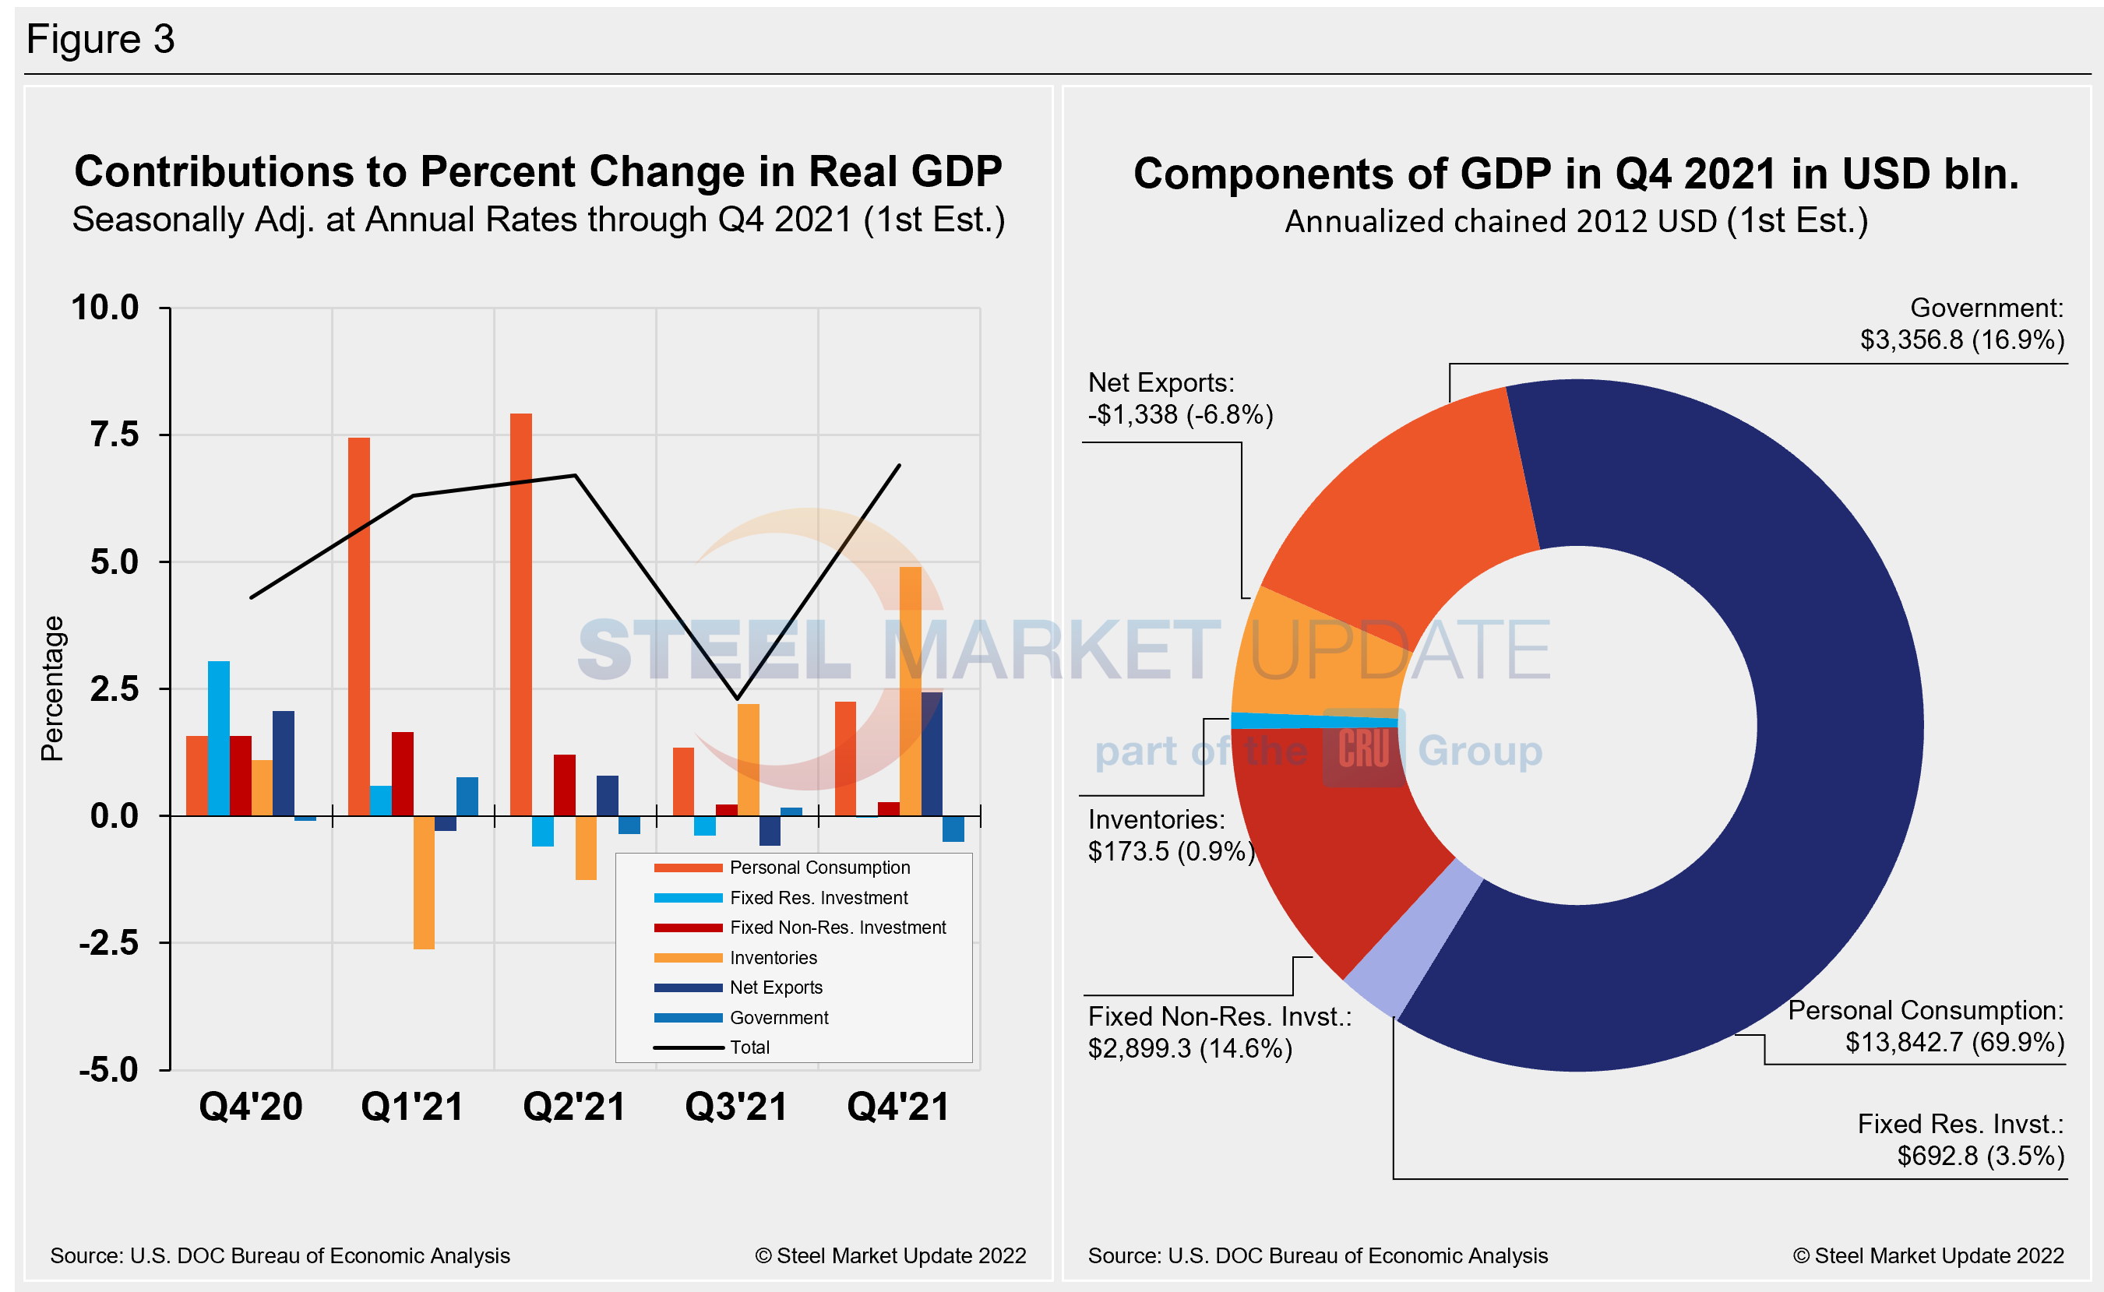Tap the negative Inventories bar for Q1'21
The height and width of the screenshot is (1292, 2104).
[x=424, y=882]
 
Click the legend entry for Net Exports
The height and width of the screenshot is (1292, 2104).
[x=774, y=987]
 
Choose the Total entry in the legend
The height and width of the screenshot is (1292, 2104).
[x=749, y=1047]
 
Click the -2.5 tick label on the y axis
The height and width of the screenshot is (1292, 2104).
[x=108, y=943]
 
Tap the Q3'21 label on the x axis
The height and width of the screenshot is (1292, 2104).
[x=736, y=1107]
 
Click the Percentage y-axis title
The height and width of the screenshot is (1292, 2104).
[x=52, y=688]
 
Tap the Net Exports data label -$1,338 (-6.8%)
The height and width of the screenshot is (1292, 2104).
[x=1179, y=414]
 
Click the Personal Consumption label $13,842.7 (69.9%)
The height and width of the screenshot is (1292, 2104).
[x=1954, y=1042]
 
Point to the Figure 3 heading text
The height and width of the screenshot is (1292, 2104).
[x=100, y=39]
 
